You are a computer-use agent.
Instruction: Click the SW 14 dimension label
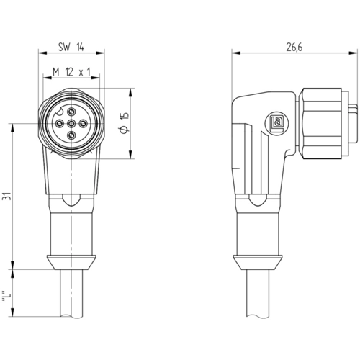point(71,47)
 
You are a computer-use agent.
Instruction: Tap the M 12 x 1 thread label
point(71,72)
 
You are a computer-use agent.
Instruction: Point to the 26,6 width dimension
point(294,48)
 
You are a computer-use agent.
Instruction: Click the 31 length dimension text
point(6,196)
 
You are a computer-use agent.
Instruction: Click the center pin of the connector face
point(71,124)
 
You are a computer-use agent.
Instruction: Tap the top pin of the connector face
point(71,112)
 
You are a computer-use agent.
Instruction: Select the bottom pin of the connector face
point(71,136)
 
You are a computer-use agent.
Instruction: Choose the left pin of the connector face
point(59,124)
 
